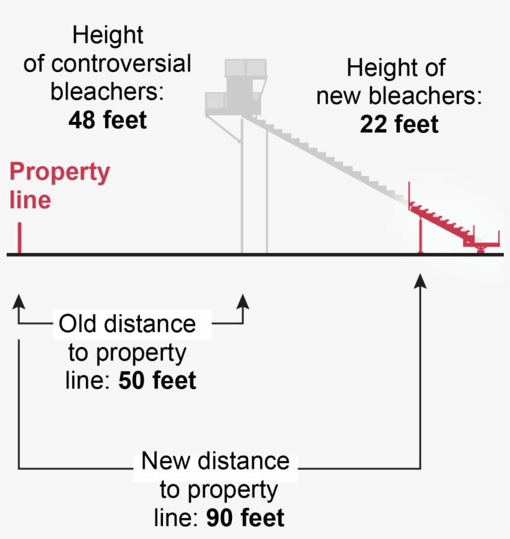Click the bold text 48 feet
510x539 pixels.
click(108, 120)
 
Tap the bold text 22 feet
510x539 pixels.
click(399, 124)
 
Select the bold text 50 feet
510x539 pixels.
click(157, 380)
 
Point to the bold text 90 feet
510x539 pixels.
click(245, 518)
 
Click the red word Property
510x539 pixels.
click(60, 172)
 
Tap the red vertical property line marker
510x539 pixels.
click(20, 237)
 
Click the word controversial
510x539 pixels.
click(121, 63)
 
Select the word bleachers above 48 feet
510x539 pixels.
click(107, 91)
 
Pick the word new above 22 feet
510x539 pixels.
click(338, 96)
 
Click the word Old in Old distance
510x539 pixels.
click(77, 324)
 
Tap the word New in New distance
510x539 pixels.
click(165, 461)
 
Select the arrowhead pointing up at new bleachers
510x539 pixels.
click(420, 281)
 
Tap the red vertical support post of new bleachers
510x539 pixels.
click(420, 234)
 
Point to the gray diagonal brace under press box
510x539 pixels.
click(223, 128)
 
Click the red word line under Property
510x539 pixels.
click(30, 200)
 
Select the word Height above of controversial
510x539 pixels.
click(108, 36)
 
